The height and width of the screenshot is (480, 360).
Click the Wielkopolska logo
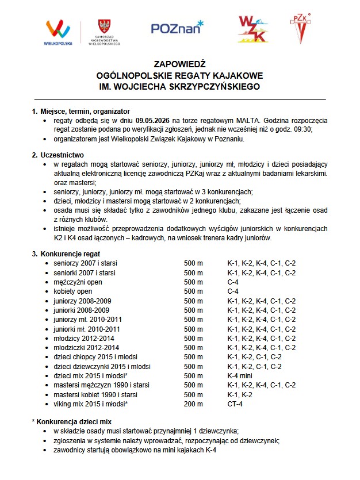coord(58,32)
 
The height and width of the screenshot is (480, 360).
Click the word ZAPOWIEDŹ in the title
coord(179,64)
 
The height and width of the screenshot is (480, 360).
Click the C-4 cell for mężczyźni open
coord(233,282)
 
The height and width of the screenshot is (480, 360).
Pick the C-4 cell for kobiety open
coord(233,291)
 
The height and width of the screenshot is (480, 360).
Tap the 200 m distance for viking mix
coord(194,404)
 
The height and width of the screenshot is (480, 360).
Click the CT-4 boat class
coord(235,404)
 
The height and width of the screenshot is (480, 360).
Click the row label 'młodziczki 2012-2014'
coord(86,347)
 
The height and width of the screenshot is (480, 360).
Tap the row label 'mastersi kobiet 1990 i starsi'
coord(96,394)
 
